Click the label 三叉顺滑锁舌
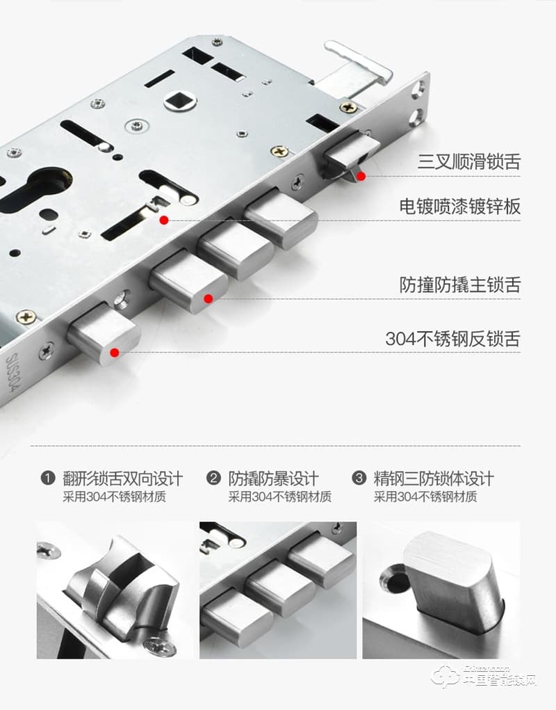(468, 163)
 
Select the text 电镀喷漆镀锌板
(459, 206)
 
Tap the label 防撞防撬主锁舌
(459, 284)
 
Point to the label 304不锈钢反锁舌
(452, 339)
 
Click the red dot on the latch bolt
(361, 177)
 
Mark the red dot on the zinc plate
(164, 220)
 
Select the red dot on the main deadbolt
(208, 299)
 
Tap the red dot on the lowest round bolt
(115, 353)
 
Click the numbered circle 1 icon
(48, 478)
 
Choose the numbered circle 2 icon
(214, 478)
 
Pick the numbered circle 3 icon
(359, 478)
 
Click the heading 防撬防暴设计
(273, 478)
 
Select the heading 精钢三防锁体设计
(434, 478)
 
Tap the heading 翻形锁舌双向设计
(122, 478)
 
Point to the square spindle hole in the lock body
(180, 99)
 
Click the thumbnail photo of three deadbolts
(278, 590)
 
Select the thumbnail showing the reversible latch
(115, 590)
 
